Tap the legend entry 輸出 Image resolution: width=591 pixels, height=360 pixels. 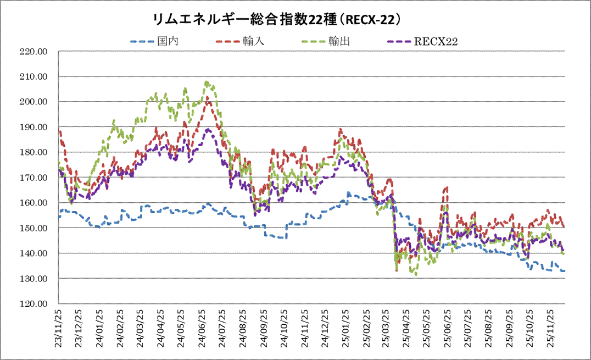coord(340,41)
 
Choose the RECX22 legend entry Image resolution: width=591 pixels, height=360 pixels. coord(437,41)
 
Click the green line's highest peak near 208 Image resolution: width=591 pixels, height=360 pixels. coord(207,82)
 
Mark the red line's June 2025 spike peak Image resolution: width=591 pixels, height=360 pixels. coord(446,188)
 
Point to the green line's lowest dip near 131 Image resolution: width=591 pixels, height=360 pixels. coord(416,275)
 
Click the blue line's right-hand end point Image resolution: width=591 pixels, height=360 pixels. coord(564,271)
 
